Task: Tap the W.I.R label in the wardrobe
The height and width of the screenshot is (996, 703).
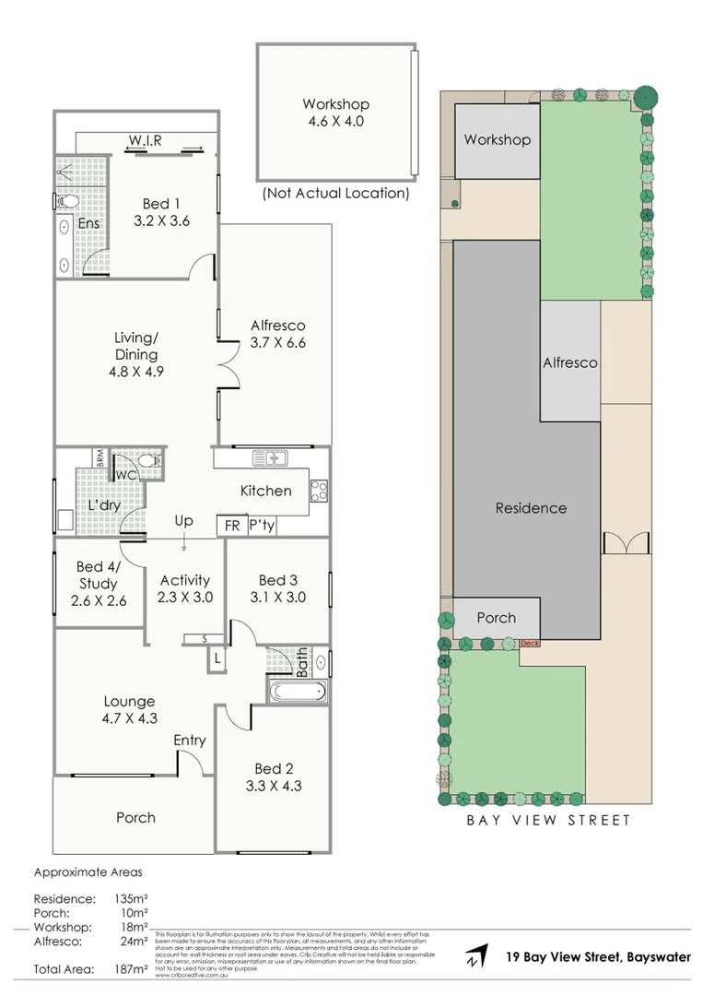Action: [x=146, y=140]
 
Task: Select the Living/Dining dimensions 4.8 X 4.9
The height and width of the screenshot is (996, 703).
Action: [x=136, y=373]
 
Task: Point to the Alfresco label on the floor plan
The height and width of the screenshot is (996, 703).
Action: [x=277, y=326]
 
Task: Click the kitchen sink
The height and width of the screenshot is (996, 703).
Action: [x=272, y=457]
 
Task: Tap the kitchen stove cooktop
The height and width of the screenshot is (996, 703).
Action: [x=320, y=492]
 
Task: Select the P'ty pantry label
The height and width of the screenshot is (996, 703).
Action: [x=261, y=526]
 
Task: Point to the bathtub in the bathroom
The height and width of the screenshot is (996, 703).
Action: [x=297, y=692]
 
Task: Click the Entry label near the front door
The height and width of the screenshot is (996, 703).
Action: [x=190, y=741]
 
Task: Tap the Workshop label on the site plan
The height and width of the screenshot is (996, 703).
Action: [x=497, y=140]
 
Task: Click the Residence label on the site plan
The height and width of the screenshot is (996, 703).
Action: [x=531, y=508]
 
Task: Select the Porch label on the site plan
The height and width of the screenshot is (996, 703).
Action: [x=496, y=618]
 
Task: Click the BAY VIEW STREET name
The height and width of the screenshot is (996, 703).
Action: [x=547, y=820]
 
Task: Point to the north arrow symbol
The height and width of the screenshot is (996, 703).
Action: [x=476, y=956]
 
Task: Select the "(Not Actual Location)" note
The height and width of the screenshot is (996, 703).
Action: [x=335, y=194]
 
